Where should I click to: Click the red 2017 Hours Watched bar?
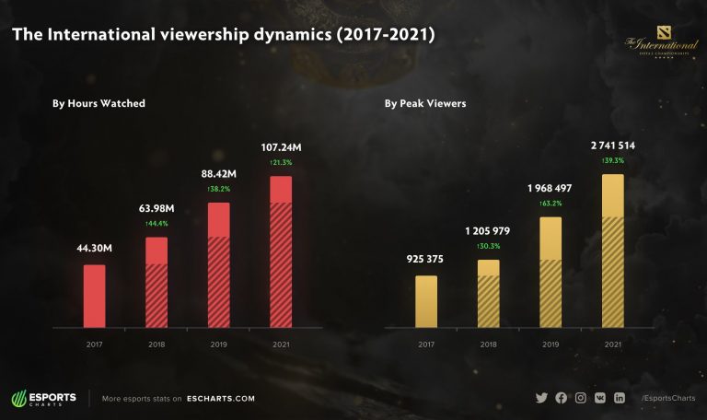coord(94,296)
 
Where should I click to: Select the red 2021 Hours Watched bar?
coord(280,251)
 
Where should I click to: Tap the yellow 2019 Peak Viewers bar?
coord(550,272)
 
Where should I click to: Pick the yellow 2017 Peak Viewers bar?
coord(425,301)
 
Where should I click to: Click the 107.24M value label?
coord(280,146)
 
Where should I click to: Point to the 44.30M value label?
coord(94,247)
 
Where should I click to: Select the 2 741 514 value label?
coord(612,146)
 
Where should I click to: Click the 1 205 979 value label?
coord(488,231)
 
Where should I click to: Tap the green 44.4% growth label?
coord(156,224)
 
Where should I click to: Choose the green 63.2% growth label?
coord(550,204)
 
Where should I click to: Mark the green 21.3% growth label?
coord(280,162)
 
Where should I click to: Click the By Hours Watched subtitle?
coord(99,103)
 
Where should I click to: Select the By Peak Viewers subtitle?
coord(425,103)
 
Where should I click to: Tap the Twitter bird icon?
coord(541,398)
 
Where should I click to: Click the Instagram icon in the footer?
coord(581,398)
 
